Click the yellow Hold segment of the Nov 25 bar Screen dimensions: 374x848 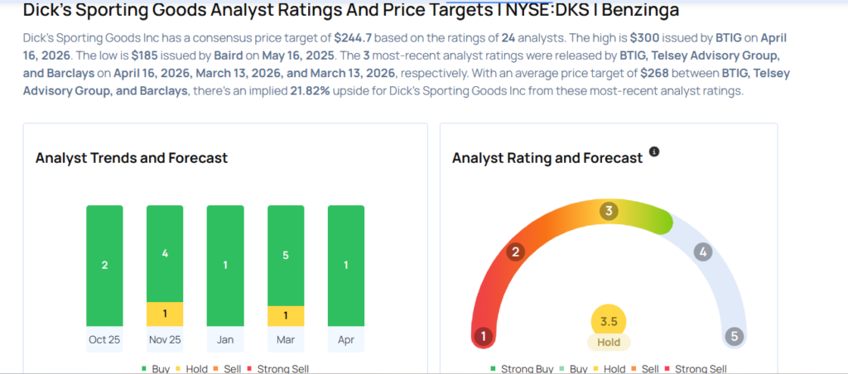[165, 314]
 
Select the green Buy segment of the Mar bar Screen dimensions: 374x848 [286, 255]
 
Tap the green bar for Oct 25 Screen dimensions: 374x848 [104, 266]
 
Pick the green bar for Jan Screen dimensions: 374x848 [225, 266]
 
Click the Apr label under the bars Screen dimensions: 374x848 [346, 339]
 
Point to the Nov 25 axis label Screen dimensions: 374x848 [165, 339]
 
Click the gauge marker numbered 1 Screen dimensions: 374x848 [483, 337]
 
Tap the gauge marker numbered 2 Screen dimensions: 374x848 [515, 252]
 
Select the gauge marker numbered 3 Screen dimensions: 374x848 [609, 211]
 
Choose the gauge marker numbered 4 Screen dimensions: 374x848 [702, 252]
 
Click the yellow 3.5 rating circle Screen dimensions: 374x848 [609, 321]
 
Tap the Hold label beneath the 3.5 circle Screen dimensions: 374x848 [609, 342]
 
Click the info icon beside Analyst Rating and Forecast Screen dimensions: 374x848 [654, 152]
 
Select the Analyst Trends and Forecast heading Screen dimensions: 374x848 [132, 158]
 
